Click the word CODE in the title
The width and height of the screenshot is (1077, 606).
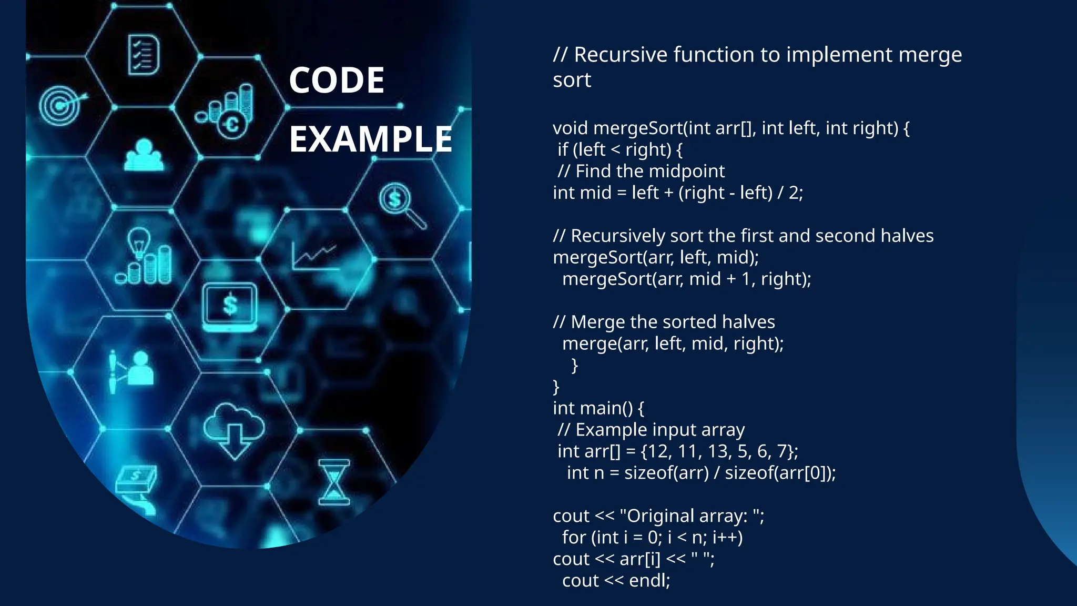coord(337,80)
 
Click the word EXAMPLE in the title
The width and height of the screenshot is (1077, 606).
coord(370,139)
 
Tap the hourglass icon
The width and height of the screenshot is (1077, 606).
coord(334,482)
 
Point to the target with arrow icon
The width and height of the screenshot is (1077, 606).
coord(60,105)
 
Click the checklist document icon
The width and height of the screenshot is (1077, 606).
coord(144,55)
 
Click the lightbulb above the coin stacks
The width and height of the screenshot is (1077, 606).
coord(139,243)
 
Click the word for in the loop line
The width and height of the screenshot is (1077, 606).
coord(574,538)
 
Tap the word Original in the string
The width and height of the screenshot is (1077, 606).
coord(661,516)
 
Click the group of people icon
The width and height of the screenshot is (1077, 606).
coord(144,155)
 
